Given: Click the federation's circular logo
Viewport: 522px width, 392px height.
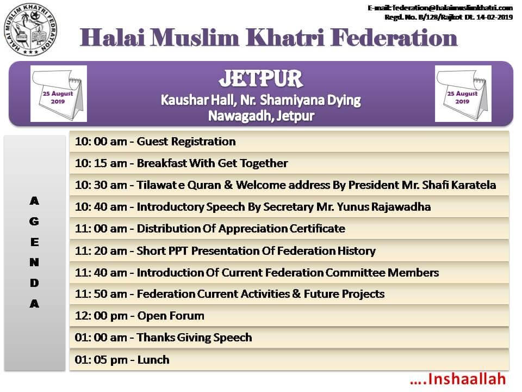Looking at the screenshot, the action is pyautogui.click(x=30, y=29).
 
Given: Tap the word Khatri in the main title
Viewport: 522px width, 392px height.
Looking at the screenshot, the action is pyautogui.click(x=285, y=38).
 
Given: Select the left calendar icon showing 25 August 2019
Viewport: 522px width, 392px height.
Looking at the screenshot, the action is pyautogui.click(x=59, y=94).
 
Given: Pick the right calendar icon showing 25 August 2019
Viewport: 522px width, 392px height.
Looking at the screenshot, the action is pyautogui.click(x=463, y=94).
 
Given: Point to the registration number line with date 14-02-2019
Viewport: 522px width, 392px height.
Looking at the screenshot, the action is pyautogui.click(x=449, y=17).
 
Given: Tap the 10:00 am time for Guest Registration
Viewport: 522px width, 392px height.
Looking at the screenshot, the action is pyautogui.click(x=101, y=142).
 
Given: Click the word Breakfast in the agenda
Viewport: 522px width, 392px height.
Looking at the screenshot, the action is pyautogui.click(x=162, y=163).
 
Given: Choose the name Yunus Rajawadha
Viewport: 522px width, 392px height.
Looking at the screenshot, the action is pyautogui.click(x=384, y=207).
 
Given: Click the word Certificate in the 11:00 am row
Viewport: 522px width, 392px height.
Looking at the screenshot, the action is pyautogui.click(x=317, y=229).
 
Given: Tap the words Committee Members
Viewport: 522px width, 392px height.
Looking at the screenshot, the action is pyautogui.click(x=382, y=273).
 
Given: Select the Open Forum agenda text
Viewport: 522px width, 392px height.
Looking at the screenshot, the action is pyautogui.click(x=171, y=316).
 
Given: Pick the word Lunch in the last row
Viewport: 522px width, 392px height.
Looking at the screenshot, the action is pyautogui.click(x=153, y=360).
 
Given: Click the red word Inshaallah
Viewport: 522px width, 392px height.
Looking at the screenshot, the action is pyautogui.click(x=467, y=379).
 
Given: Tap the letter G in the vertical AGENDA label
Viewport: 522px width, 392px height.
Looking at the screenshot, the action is pyautogui.click(x=34, y=222).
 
